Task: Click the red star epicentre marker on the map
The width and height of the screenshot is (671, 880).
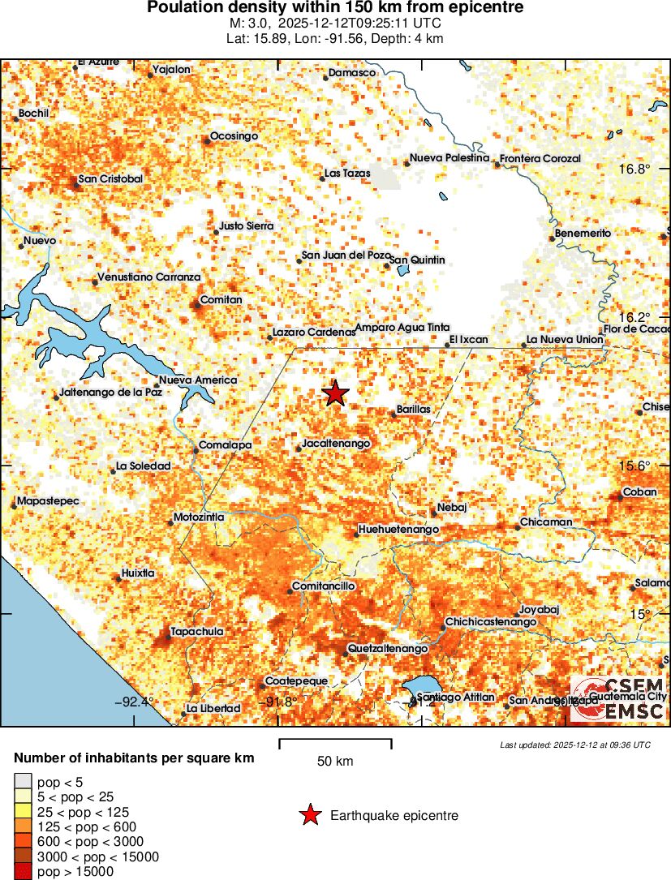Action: click(x=335, y=393)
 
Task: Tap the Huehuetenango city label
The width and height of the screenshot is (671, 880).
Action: click(x=398, y=530)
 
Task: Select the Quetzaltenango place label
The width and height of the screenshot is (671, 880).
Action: click(x=387, y=649)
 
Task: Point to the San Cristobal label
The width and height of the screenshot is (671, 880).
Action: click(x=110, y=178)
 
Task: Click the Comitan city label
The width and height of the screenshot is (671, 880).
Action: click(x=221, y=299)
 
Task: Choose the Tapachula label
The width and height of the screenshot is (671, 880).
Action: click(x=196, y=631)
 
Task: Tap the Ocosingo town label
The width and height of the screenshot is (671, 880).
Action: click(x=234, y=135)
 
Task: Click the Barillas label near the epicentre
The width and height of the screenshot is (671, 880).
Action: click(x=414, y=410)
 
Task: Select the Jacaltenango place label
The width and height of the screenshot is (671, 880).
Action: click(x=336, y=444)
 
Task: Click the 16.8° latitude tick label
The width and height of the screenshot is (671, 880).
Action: click(x=634, y=169)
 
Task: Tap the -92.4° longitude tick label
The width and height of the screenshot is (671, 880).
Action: click(x=134, y=702)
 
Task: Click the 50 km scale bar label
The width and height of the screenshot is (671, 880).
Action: click(x=335, y=761)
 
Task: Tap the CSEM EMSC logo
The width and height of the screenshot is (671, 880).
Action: click(x=618, y=698)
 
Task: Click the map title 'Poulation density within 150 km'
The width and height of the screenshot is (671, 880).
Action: click(x=335, y=8)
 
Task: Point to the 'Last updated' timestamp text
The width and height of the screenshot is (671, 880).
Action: click(x=574, y=745)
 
